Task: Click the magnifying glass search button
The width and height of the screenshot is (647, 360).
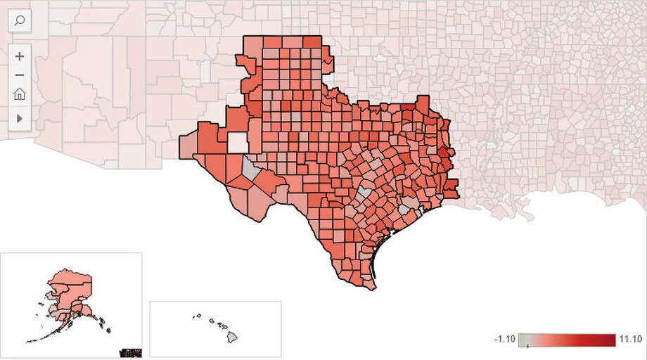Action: (x=20, y=20)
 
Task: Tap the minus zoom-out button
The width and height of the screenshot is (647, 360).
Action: (x=20, y=75)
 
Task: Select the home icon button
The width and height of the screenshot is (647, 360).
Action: (x=20, y=94)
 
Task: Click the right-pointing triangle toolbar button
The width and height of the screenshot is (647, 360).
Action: (x=20, y=119)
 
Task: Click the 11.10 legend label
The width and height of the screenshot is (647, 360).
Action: (x=630, y=339)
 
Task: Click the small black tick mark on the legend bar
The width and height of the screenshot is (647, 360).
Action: (x=527, y=346)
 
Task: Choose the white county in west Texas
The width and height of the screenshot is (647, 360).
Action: (x=238, y=143)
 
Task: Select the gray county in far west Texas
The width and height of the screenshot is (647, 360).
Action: (x=250, y=169)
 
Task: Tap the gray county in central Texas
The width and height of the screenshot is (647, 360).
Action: (x=364, y=191)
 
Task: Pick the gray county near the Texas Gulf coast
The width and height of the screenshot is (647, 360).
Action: (x=404, y=210)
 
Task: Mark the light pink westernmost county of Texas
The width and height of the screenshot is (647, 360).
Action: (x=188, y=146)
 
